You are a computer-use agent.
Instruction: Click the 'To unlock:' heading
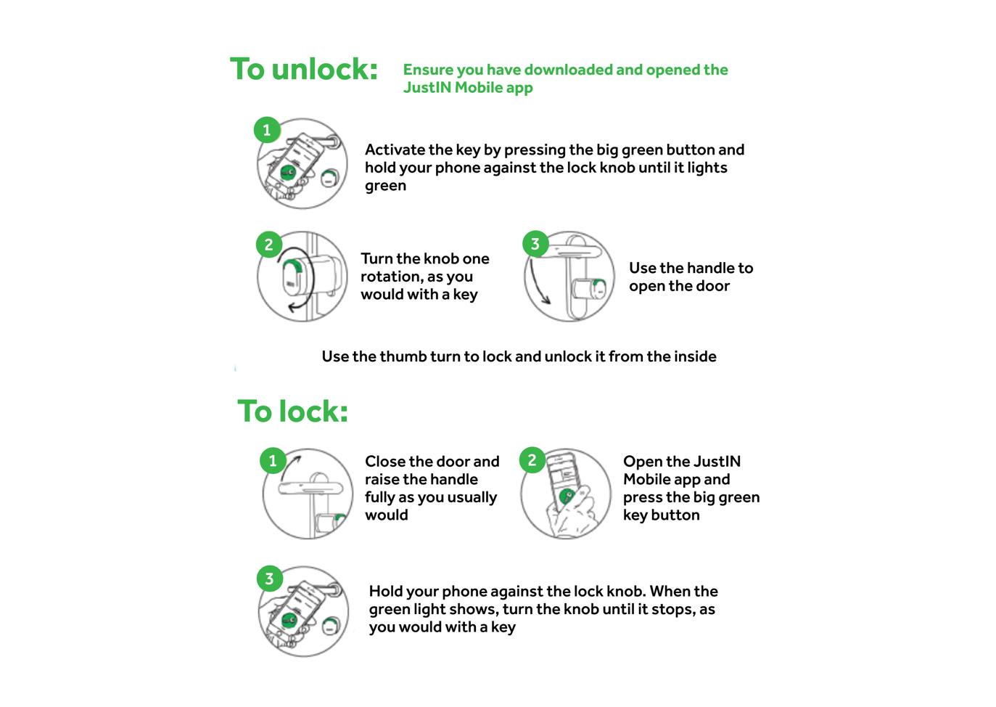click(x=304, y=70)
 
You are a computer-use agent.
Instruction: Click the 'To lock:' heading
click(x=293, y=412)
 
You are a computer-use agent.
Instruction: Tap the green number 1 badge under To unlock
click(x=267, y=131)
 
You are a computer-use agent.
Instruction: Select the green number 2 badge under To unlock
click(x=269, y=245)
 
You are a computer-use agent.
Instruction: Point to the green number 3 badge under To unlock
click(x=535, y=244)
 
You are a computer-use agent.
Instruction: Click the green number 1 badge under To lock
click(x=273, y=460)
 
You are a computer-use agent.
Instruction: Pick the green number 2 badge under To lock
click(x=532, y=460)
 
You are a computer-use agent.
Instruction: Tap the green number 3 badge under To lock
click(x=269, y=579)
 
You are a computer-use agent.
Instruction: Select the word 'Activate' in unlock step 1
click(x=395, y=150)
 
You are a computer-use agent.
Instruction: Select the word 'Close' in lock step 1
click(x=384, y=462)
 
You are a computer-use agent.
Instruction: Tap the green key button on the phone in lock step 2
click(x=567, y=496)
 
